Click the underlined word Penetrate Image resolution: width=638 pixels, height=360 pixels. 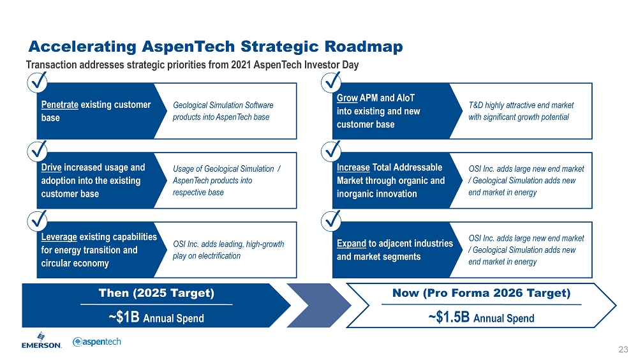[60, 105]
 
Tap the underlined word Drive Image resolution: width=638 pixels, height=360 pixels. [51, 167]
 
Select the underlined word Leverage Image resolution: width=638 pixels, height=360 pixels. [59, 237]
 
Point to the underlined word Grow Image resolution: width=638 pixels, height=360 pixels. [347, 98]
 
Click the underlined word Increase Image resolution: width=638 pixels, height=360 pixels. [353, 167]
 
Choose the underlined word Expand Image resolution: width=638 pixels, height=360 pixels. [352, 244]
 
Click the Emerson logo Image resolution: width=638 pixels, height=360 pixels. [41, 340]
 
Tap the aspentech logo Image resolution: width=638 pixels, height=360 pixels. [97, 341]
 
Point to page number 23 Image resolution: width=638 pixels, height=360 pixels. [623, 349]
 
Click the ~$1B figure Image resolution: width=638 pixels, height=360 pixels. [124, 317]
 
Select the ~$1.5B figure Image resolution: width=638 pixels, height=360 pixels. [449, 317]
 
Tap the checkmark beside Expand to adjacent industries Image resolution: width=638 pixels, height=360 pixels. [332, 221]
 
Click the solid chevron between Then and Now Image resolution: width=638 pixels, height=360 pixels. [319, 306]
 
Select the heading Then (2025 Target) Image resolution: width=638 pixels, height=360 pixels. [156, 293]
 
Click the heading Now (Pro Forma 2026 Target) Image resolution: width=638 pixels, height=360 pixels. [481, 293]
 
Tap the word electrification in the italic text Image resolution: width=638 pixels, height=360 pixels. [219, 256]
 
